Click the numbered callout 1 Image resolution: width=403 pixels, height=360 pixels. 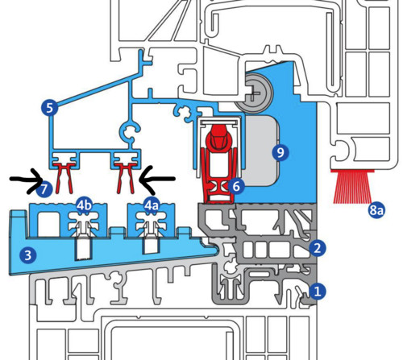pos(318,292)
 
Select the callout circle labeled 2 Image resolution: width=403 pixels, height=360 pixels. pos(318,248)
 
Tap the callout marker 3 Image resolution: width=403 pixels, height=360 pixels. pos(28,255)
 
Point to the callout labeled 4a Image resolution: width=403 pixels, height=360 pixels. pos(152,205)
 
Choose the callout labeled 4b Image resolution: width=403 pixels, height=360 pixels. pos(84,205)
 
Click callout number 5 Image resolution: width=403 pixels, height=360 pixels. pos(50,108)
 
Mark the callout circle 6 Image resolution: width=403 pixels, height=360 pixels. pos(236,186)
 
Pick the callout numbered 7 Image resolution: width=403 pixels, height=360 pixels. pos(44,189)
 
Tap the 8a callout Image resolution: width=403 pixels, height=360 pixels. pos(376,210)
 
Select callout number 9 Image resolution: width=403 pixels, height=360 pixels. pos(280,152)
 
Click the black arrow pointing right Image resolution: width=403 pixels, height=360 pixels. pos(27,180)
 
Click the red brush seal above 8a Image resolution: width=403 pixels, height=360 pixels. pos(352,187)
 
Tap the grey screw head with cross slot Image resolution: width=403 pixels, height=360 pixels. pos(254,93)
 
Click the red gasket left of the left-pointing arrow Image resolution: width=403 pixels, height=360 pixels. pos(125,177)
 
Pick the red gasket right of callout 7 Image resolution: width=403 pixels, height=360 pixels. pos(64,177)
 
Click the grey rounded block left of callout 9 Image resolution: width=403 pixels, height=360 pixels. pos(260,151)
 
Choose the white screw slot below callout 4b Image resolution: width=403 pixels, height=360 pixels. pos(84,248)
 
